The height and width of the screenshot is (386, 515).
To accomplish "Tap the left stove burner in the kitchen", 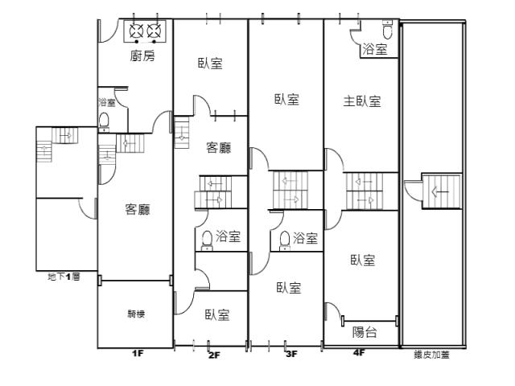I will point(134,32).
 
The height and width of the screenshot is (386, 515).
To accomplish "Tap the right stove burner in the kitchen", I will point(153,32).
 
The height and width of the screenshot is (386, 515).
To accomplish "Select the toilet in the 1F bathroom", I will point(105,121).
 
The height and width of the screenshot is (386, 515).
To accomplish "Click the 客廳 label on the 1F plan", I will point(138,210).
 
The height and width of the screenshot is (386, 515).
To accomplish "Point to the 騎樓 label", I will point(136,314).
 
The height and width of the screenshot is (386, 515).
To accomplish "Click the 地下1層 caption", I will point(64,277).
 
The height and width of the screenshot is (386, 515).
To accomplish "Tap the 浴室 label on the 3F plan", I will point(305,238).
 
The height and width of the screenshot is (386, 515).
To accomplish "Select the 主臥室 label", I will point(362,101).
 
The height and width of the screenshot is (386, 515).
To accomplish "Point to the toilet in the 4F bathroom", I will point(388,31).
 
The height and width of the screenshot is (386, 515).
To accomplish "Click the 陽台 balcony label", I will point(365,332).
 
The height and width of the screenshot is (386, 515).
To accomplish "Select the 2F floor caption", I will point(214,354).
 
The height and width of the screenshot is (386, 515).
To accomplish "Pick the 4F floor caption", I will point(358,352).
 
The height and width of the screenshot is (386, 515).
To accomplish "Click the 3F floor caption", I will point(290,353).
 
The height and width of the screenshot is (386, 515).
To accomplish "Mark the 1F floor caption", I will point(137,353).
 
